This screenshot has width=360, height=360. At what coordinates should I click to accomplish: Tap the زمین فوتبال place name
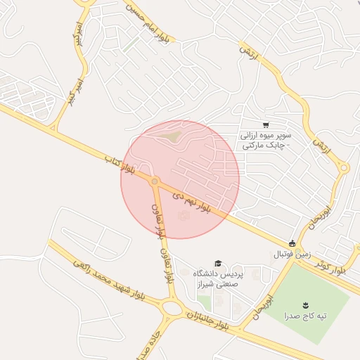290,253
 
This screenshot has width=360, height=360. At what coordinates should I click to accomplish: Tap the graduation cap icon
218,263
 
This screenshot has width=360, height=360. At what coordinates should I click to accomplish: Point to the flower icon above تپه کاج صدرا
306,304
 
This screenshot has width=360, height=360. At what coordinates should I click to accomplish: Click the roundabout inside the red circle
155,182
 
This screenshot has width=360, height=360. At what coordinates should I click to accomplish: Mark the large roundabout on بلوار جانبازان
171,307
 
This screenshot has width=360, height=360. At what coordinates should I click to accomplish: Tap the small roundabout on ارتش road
344,167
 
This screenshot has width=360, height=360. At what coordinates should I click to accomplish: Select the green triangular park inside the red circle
168,134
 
